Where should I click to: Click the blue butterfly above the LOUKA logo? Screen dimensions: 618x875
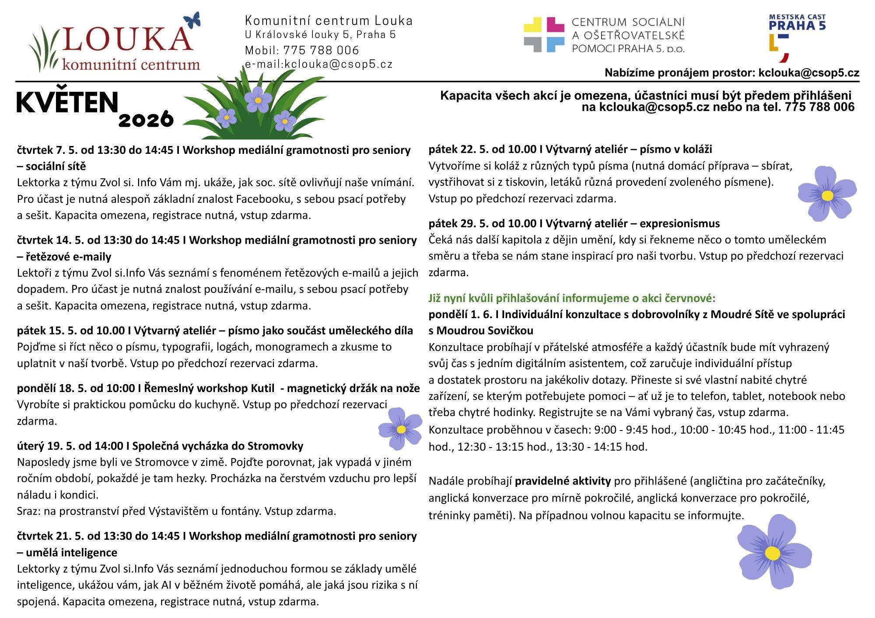pyautogui.click(x=192, y=20)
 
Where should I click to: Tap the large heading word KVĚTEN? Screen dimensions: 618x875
pyautogui.click(x=67, y=103)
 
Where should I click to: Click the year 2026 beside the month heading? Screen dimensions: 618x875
pyautogui.click(x=146, y=119)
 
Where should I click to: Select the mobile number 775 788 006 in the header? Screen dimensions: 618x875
pyautogui.click(x=321, y=50)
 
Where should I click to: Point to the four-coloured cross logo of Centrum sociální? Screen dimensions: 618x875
pyautogui.click(x=544, y=35)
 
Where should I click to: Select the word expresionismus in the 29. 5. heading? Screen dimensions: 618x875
pyautogui.click(x=679, y=224)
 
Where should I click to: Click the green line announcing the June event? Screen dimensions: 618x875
pyautogui.click(x=572, y=299)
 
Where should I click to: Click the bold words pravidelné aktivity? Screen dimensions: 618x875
pyautogui.click(x=563, y=481)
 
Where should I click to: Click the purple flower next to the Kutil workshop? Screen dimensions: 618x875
pyautogui.click(x=400, y=429)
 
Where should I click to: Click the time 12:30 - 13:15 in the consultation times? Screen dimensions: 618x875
pyautogui.click(x=486, y=447)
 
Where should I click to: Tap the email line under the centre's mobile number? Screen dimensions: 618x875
pyautogui.click(x=318, y=65)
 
